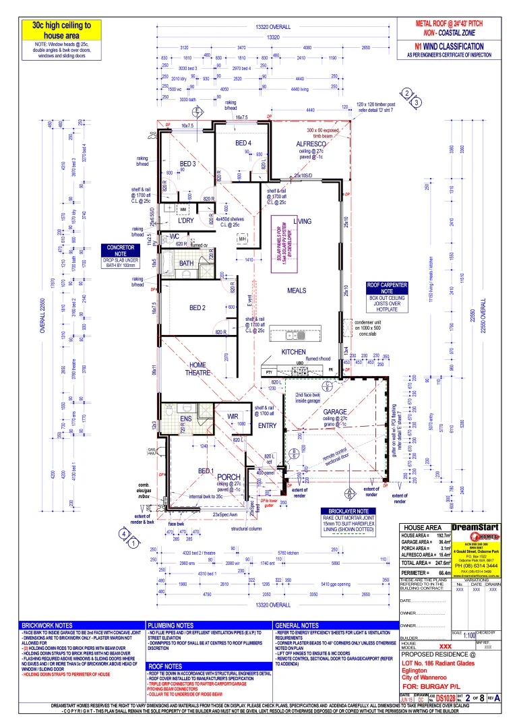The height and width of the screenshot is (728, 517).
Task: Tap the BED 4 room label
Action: [x=243, y=144]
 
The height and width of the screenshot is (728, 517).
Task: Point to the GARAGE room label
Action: [x=334, y=411]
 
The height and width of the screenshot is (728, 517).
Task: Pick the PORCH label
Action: [x=229, y=477]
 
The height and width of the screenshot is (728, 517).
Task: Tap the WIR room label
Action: [x=233, y=416]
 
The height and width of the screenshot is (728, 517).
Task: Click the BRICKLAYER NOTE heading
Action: [x=347, y=512]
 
